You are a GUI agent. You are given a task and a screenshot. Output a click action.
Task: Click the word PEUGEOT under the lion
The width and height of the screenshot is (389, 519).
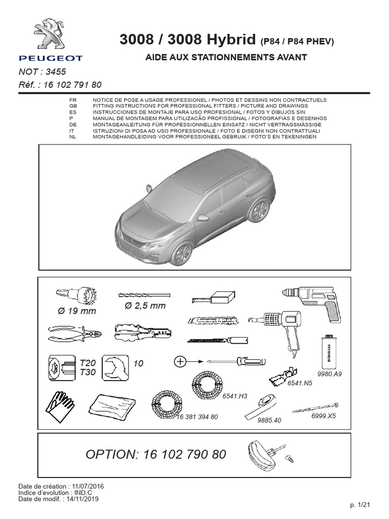pos(50,58)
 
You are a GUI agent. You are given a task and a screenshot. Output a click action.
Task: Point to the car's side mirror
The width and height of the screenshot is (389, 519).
pos(203,217)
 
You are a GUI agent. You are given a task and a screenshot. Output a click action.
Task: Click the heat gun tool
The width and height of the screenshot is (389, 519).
pos(279,327)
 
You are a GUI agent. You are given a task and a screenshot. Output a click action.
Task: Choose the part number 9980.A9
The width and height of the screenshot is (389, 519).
pos(330,374)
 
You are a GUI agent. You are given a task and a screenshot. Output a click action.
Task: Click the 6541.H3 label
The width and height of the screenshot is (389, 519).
pos(235,396)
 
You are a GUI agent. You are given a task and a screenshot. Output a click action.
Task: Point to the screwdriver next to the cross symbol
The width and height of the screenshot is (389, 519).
pos(233,361)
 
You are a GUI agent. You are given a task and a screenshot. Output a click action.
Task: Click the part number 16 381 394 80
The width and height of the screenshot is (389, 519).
pos(197,417)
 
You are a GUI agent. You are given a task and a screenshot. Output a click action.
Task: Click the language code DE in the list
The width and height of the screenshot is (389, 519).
pos(72,124)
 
